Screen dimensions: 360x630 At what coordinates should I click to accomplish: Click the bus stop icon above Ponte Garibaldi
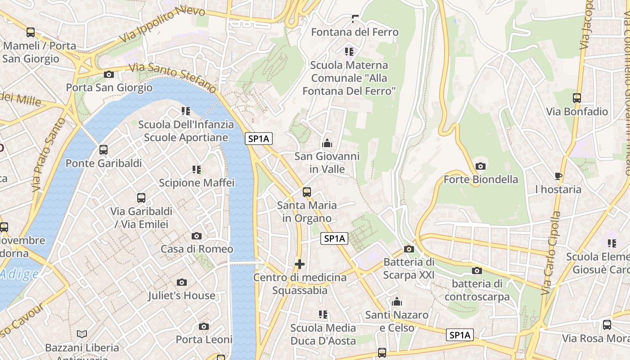(103, 150)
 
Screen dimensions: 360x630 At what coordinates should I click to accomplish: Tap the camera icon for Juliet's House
(182, 282)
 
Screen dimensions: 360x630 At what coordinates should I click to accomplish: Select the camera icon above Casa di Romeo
(197, 236)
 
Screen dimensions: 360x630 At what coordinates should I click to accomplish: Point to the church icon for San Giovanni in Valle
(327, 143)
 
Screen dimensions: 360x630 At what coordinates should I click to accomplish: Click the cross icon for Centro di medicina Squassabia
(300, 264)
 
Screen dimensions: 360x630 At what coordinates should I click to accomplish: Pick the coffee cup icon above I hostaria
(558, 176)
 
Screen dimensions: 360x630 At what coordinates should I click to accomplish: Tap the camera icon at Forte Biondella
(481, 166)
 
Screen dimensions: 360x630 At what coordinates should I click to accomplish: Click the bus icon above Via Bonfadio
(577, 98)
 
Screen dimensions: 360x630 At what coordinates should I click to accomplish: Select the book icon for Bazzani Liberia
(81, 334)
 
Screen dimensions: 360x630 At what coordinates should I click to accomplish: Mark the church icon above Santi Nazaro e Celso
(397, 301)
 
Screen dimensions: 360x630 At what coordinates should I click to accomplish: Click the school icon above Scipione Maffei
(197, 170)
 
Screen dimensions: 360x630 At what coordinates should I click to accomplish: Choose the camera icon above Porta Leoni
(204, 326)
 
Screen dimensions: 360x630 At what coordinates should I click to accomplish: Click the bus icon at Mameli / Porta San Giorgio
(31, 32)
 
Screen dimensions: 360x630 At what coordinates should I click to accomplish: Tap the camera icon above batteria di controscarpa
(477, 270)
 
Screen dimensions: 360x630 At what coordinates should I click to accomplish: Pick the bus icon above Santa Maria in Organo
(307, 192)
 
